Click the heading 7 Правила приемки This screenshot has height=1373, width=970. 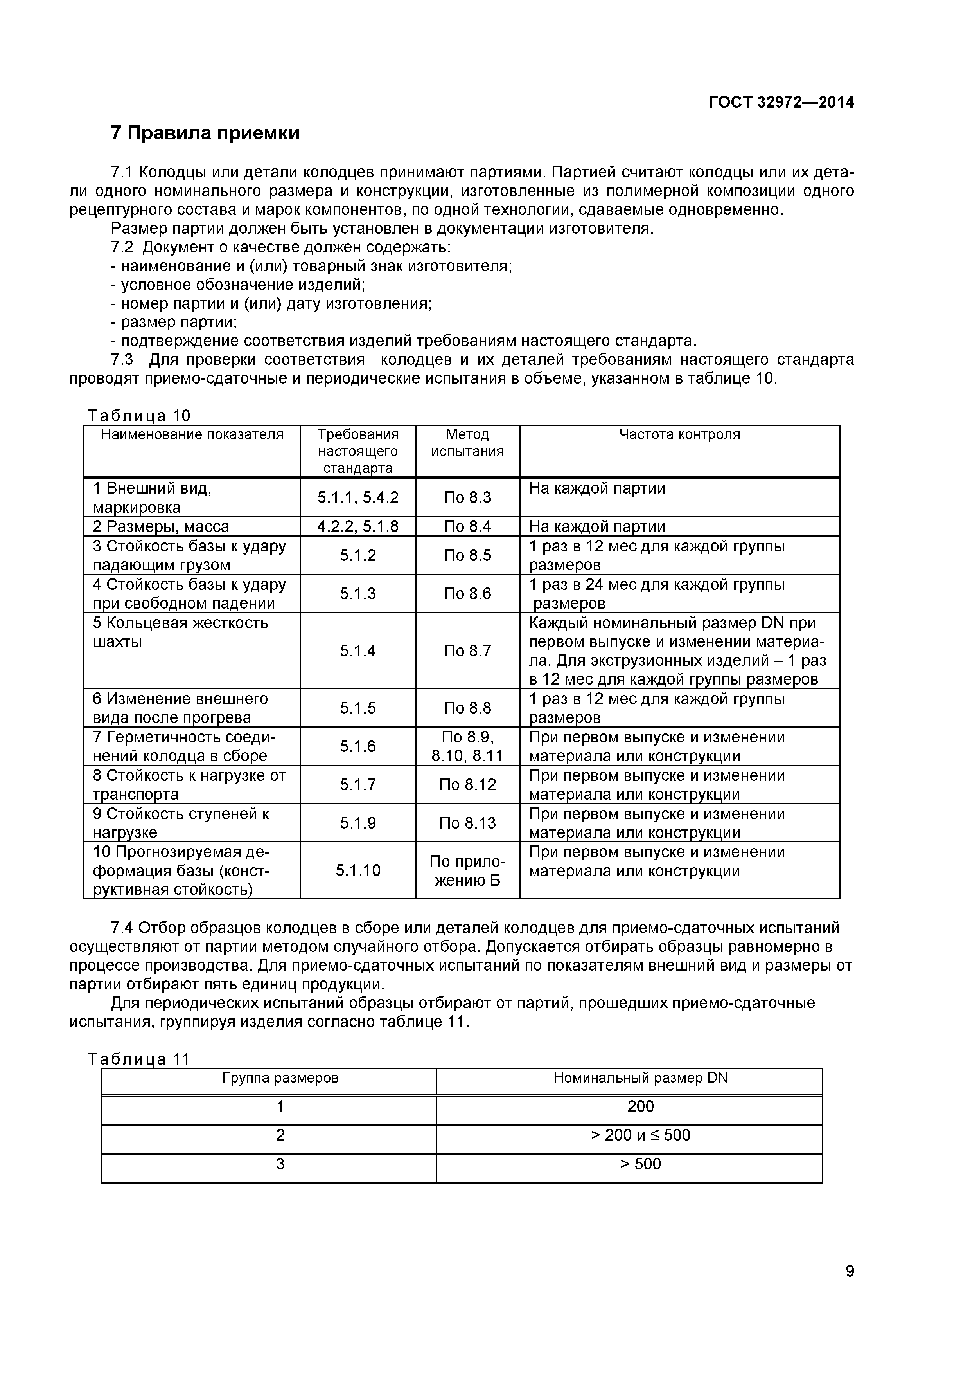[205, 133]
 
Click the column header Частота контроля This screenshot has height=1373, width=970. [679, 435]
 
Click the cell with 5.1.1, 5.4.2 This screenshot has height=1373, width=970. [357, 497]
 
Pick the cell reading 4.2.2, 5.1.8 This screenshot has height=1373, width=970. [357, 526]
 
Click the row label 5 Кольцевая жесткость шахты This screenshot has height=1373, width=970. [180, 632]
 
